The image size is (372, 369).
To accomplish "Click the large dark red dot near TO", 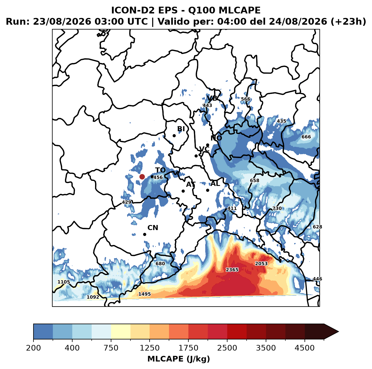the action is (142, 177).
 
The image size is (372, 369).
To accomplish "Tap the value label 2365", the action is (232, 269).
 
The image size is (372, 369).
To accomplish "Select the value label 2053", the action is (261, 264).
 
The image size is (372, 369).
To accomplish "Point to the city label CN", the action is (153, 228).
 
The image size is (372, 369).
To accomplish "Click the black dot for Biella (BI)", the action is (174, 136).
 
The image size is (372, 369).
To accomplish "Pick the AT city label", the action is (191, 184).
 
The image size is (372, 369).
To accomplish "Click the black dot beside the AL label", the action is (208, 190).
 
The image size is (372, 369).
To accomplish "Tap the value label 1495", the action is (145, 294).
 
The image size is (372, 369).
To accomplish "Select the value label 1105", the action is (64, 282).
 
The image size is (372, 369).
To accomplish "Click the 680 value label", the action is (160, 264).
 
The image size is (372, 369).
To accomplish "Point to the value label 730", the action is (277, 208).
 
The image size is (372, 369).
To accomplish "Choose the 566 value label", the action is (245, 99).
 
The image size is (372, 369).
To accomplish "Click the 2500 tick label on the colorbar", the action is (227, 348).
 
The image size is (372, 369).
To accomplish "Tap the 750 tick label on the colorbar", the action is (111, 348).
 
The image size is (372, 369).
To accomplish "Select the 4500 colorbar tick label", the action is (305, 348).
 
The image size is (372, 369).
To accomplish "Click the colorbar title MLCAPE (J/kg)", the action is (179, 359).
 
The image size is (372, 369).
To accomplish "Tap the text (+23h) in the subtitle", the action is (348, 22).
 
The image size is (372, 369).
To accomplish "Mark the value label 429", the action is (127, 202).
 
